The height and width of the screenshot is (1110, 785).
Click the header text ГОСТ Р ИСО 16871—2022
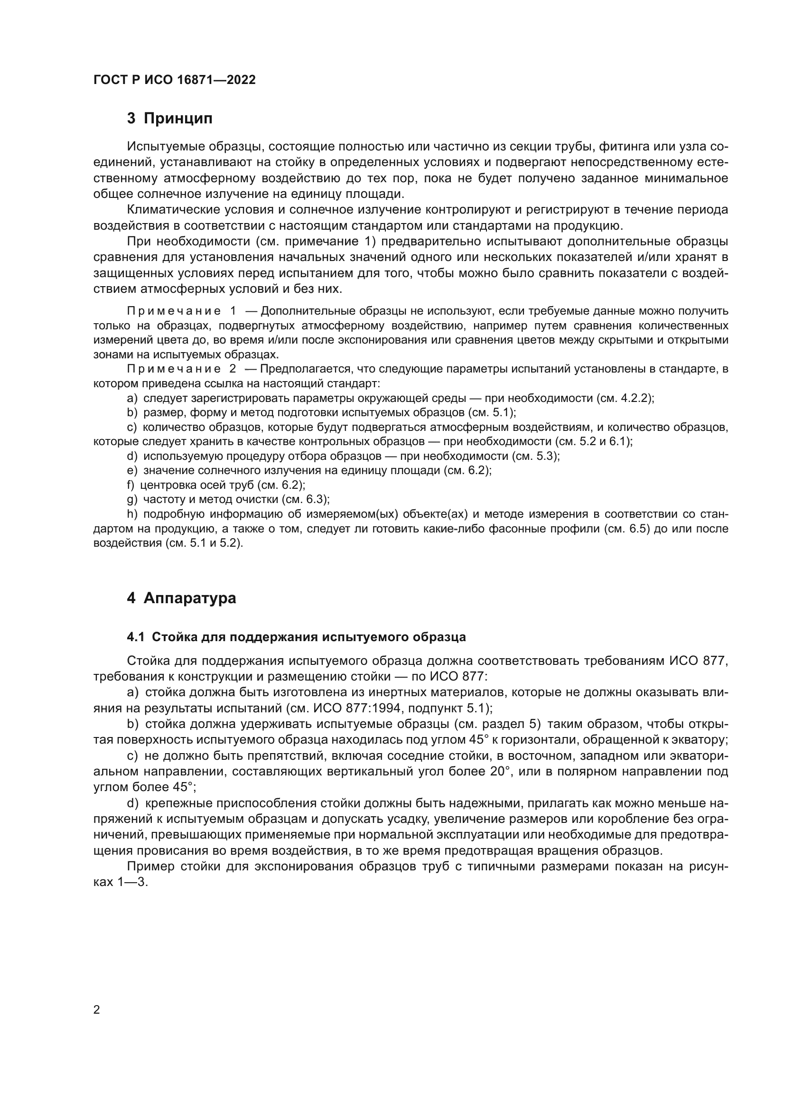[x=174, y=80]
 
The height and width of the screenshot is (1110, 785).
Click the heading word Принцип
[x=178, y=119]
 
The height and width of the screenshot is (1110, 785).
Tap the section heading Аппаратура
[x=189, y=598]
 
